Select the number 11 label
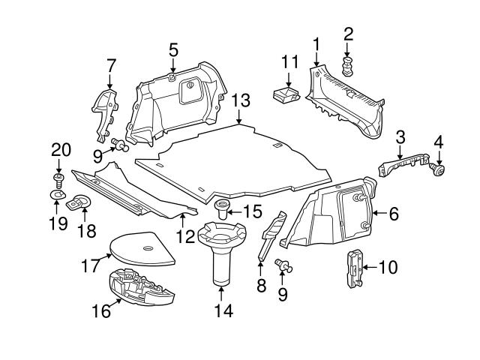[290, 61]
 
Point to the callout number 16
[100, 310]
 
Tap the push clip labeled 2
[348, 66]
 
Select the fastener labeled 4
[438, 172]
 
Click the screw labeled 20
[57, 178]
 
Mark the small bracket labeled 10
[352, 266]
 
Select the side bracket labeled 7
[105, 114]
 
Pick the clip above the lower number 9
[285, 264]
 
